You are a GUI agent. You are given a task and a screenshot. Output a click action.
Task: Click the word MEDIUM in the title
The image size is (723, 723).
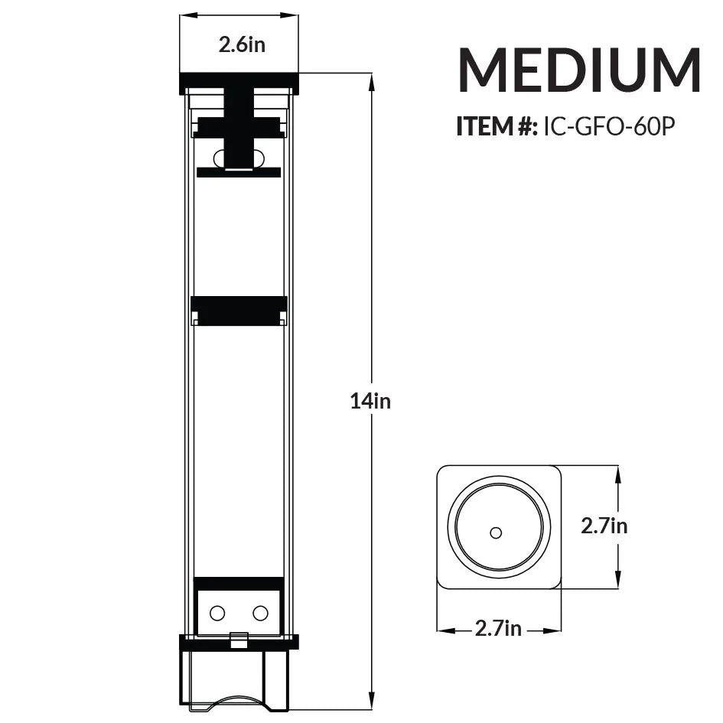pyautogui.click(x=578, y=70)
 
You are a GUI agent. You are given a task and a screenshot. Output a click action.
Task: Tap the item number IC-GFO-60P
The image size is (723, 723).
pyautogui.click(x=608, y=126)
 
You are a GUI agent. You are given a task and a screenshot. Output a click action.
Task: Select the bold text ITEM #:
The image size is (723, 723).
pyautogui.click(x=497, y=126)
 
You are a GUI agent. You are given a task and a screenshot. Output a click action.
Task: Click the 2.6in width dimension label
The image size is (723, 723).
pyautogui.click(x=242, y=44)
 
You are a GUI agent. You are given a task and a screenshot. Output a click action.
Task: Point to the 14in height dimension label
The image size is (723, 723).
pyautogui.click(x=370, y=401)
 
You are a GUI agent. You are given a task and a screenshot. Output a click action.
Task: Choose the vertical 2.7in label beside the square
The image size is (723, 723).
pyautogui.click(x=604, y=526)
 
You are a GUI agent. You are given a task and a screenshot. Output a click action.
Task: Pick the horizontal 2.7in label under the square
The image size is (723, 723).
pyautogui.click(x=498, y=629)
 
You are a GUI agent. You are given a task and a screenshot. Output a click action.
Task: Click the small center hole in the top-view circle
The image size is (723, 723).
pyautogui.click(x=495, y=532)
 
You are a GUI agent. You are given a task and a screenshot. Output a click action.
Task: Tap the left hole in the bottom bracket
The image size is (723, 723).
pyautogui.click(x=217, y=613)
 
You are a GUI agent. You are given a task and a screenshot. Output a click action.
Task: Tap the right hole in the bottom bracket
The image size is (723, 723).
pyautogui.click(x=260, y=613)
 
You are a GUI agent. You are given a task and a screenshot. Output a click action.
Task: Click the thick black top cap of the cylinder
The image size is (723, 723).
pyautogui.click(x=239, y=80)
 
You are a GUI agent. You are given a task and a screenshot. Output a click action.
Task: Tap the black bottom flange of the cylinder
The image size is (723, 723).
pyautogui.click(x=239, y=642)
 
